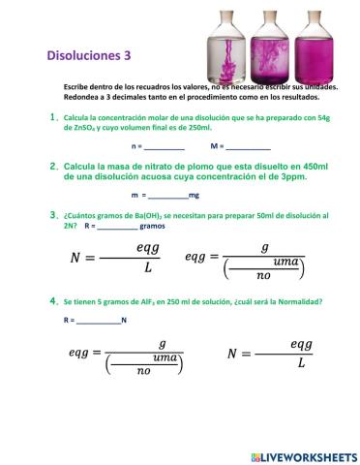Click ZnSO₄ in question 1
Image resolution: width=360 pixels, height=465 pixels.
point(79,127)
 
